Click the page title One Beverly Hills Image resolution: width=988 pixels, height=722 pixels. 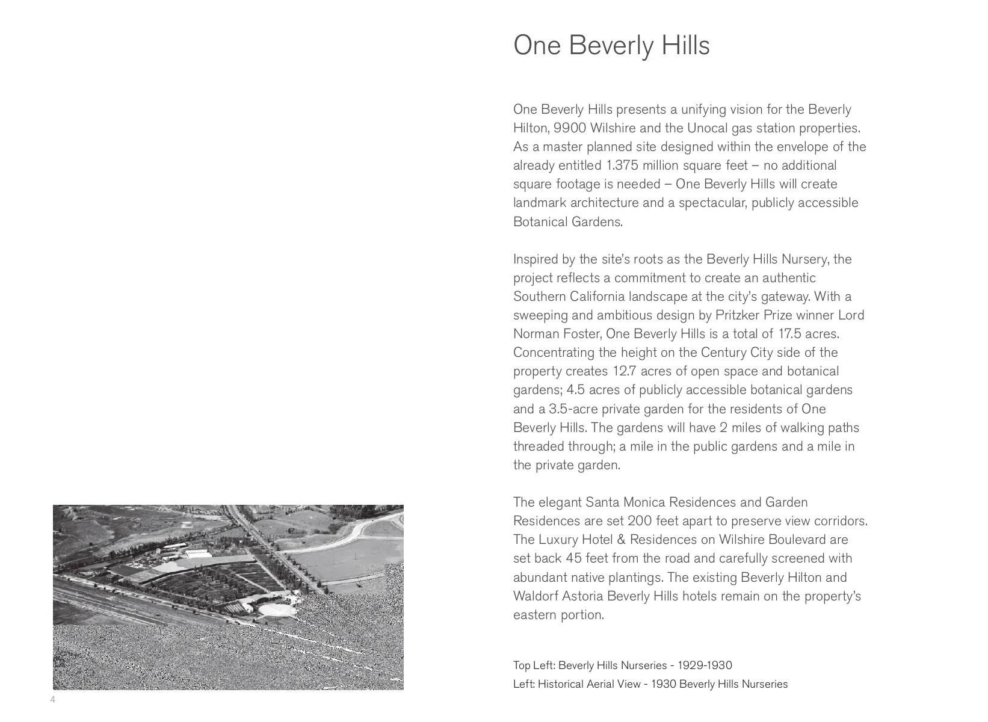pyautogui.click(x=611, y=46)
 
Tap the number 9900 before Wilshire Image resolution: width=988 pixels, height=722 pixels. pyautogui.click(x=570, y=128)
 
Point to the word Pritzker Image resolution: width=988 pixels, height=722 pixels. pyautogui.click(x=736, y=315)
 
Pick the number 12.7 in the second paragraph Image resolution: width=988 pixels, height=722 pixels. pyautogui.click(x=625, y=371)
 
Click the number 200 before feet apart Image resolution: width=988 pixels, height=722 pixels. pyautogui.click(x=640, y=521)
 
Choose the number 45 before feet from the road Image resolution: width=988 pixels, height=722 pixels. pyautogui.click(x=574, y=558)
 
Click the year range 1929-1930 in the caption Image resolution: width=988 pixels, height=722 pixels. pyautogui.click(x=705, y=665)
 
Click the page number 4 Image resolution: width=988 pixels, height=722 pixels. pyautogui.click(x=53, y=699)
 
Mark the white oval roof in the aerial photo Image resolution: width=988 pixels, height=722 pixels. pyautogui.click(x=277, y=610)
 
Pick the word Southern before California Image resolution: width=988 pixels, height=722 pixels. pyautogui.click(x=538, y=297)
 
